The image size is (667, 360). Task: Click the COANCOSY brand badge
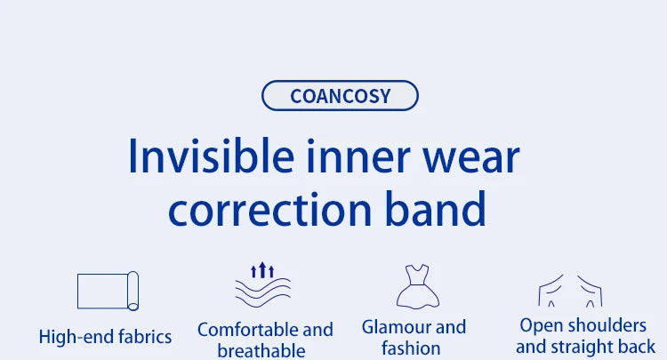[340, 95]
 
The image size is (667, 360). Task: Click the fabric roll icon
[108, 291]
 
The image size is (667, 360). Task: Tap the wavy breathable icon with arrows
[262, 285]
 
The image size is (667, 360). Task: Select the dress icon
[414, 285]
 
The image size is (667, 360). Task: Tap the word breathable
[261, 350]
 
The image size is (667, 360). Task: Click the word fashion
[412, 348]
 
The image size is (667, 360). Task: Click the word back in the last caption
[635, 346]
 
